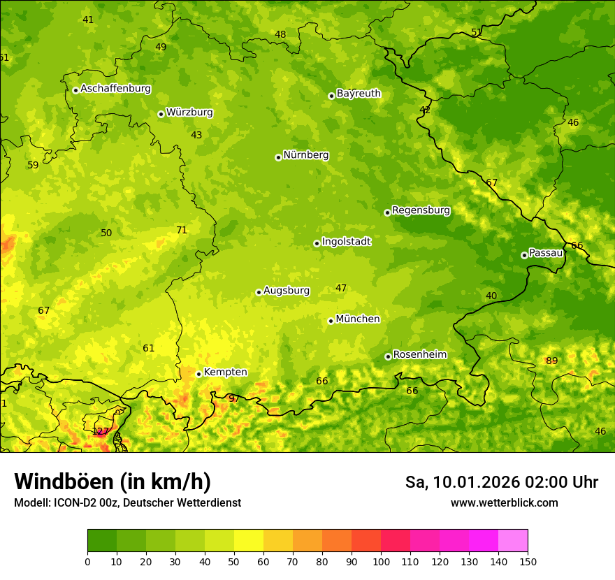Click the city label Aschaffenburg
115,89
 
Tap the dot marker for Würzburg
161,114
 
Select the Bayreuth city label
359,93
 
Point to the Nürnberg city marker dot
278,157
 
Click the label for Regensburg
421,210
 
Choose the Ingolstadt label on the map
346,242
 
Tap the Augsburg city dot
259,292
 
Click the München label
358,319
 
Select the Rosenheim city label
419,355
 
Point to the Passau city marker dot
524,255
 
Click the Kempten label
225,372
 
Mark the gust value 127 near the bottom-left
101,431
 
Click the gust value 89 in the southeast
552,361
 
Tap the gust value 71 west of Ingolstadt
182,230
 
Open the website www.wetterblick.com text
504,502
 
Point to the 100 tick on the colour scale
381,560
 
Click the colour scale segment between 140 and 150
513,541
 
